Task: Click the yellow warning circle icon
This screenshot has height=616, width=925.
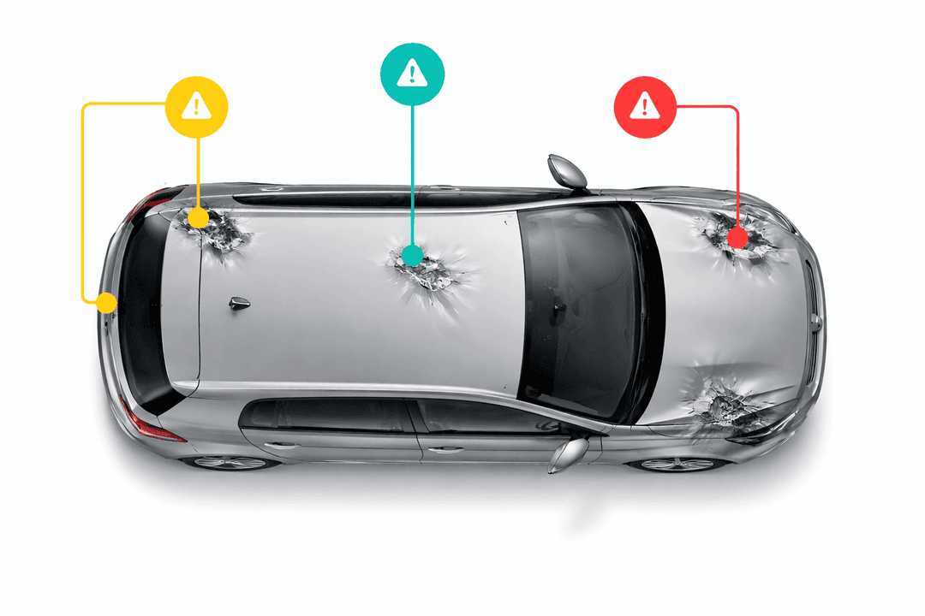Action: click(x=197, y=107)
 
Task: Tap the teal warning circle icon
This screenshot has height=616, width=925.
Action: click(x=412, y=74)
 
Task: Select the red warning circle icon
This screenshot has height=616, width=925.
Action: click(x=645, y=107)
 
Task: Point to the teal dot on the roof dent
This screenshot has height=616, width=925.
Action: click(x=412, y=256)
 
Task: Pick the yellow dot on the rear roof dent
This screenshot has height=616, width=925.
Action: click(x=198, y=219)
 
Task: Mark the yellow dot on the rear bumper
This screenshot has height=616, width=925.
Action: click(x=106, y=302)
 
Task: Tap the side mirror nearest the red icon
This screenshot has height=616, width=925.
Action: click(x=568, y=170)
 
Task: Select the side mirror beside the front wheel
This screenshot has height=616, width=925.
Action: click(x=569, y=453)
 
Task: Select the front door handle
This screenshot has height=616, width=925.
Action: click(x=443, y=447)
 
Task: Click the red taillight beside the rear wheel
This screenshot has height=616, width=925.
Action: click(x=154, y=428)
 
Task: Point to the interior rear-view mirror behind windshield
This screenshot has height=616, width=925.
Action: click(x=561, y=306)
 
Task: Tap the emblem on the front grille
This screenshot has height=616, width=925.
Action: click(x=819, y=323)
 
